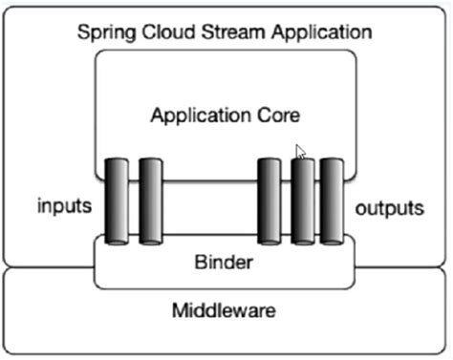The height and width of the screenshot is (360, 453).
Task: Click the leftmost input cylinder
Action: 117,202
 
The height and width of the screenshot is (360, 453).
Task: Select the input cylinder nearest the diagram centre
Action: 150,202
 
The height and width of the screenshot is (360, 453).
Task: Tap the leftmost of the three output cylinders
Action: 270,202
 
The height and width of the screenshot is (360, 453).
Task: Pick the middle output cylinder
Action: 303,202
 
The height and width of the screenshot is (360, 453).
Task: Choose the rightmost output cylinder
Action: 332,202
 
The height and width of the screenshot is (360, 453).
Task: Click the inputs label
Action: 63,206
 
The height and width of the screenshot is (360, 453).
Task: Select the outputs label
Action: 388,206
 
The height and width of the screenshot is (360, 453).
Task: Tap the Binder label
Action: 224,262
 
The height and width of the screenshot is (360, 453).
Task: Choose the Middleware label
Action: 226,311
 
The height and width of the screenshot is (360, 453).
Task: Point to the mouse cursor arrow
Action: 301,151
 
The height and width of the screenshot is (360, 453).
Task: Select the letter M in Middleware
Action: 180,311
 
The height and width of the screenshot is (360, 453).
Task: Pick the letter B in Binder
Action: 200,262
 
